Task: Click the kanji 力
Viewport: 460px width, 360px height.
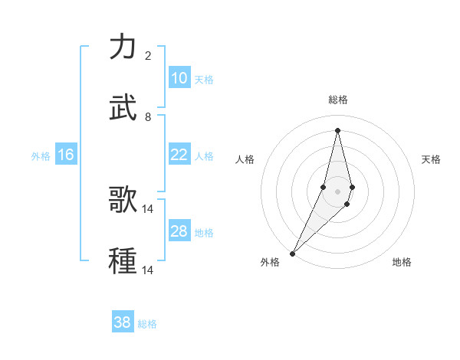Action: tap(123, 47)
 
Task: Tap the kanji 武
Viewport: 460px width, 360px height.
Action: tap(123, 108)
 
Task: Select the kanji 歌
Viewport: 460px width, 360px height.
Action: tap(123, 200)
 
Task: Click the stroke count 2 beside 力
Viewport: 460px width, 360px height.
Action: tap(148, 55)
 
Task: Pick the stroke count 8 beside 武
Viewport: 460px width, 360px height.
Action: tap(148, 116)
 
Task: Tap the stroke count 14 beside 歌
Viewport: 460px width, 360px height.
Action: tap(148, 208)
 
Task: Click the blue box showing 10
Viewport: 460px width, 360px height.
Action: tap(179, 78)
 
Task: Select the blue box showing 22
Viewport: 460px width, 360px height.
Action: tap(179, 155)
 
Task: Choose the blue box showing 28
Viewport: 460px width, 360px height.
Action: tap(179, 231)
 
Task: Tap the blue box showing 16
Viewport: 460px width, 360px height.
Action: tap(66, 155)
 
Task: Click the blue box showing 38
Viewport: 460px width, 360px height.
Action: tap(123, 322)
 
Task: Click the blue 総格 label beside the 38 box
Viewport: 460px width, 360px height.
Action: tap(148, 324)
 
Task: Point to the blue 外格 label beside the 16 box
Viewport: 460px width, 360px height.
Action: tap(41, 156)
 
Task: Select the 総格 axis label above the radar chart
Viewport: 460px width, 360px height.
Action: tap(337, 100)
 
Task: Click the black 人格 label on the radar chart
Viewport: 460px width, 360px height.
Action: tap(245, 159)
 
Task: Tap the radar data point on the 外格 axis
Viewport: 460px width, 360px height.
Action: tap(292, 253)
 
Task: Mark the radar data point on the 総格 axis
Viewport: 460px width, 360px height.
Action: tap(337, 129)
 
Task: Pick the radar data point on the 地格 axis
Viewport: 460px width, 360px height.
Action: tap(347, 204)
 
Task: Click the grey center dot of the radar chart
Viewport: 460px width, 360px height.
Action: tap(337, 191)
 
